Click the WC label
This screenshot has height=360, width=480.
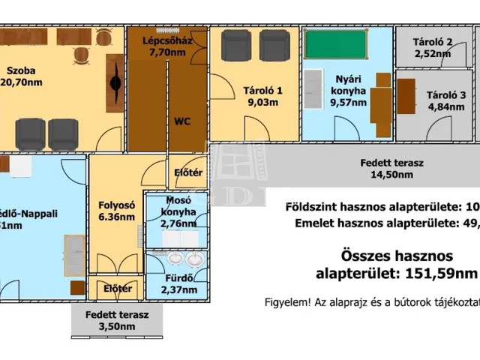(x=182, y=120)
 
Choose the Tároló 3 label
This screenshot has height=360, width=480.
(x=446, y=94)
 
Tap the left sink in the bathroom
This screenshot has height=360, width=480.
(x=175, y=259)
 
